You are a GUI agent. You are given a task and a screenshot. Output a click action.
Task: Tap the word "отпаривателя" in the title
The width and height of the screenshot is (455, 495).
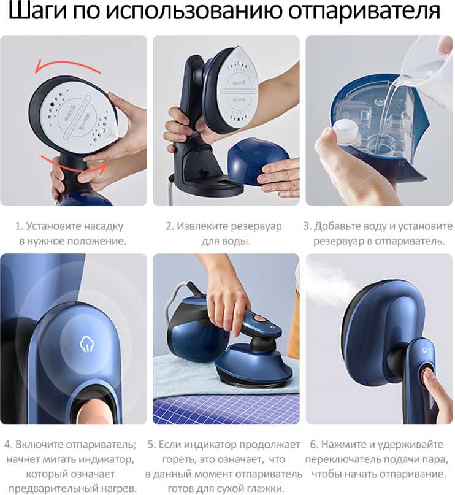pyautogui.click(x=364, y=12)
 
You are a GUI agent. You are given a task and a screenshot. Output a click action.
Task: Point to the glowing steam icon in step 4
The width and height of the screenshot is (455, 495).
pyautogui.click(x=87, y=343)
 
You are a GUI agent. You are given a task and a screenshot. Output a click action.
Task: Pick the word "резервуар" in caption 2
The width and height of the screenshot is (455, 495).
pyautogui.click(x=256, y=226)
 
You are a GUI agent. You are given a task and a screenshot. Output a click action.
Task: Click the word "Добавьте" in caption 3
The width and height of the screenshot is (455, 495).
pyautogui.click(x=337, y=226)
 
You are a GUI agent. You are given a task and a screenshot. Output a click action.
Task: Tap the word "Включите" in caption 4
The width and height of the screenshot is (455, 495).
pyautogui.click(x=38, y=445)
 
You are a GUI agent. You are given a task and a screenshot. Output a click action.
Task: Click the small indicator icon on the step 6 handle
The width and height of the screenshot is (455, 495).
pyautogui.click(x=424, y=350)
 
